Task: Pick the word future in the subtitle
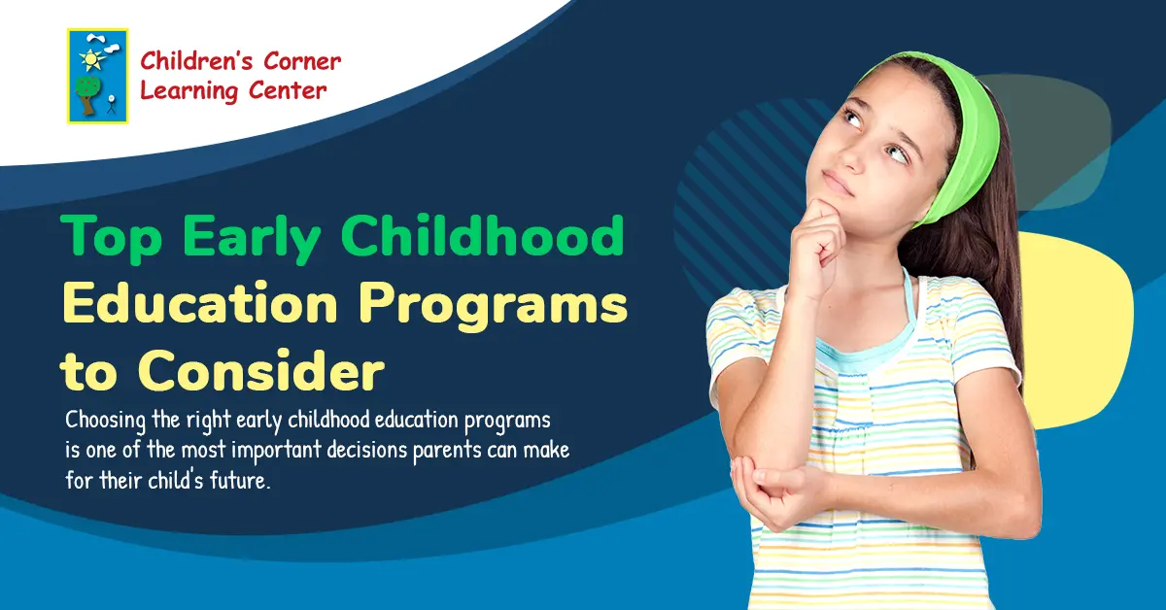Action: point(235,480)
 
